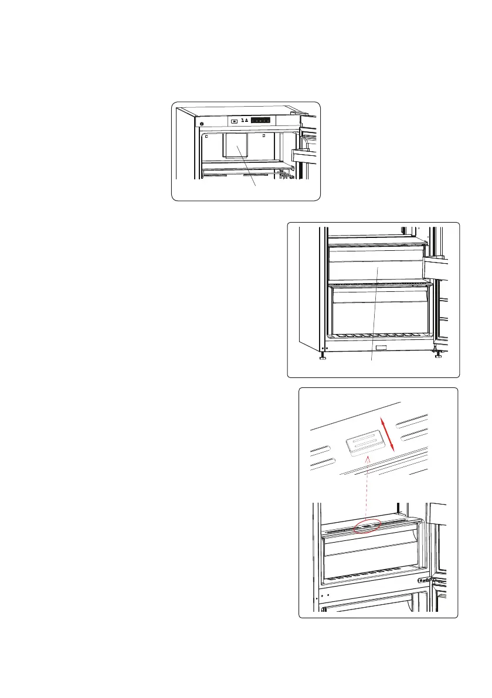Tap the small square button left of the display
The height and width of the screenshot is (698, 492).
[x=234, y=122]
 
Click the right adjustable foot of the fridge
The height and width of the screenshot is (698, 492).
[x=437, y=353]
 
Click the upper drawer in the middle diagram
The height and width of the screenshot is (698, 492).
[x=375, y=264]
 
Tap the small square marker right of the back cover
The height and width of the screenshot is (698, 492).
[x=264, y=135]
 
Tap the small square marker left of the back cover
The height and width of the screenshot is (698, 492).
[x=208, y=137]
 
